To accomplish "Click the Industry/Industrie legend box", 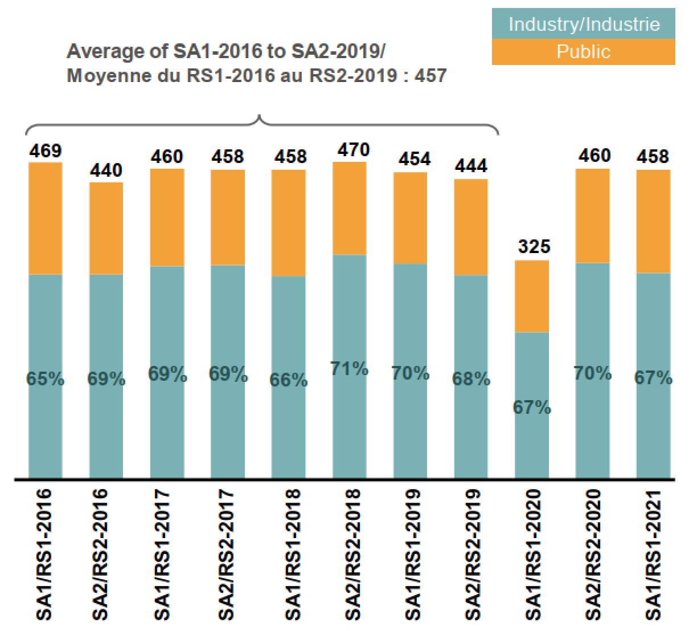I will pyautogui.click(x=583, y=25).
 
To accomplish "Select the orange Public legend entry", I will pyautogui.click(x=583, y=52).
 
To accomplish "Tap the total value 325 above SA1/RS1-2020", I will pyautogui.click(x=534, y=246).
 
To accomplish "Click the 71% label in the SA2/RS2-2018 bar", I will pyautogui.click(x=349, y=369).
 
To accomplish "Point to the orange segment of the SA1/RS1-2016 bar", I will pyautogui.click(x=46, y=218).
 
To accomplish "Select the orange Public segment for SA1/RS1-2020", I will pyautogui.click(x=532, y=296).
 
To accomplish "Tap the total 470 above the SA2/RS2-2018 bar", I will pyautogui.click(x=353, y=150).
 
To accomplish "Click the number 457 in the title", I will pyautogui.click(x=430, y=76).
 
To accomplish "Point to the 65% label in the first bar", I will pyautogui.click(x=46, y=379).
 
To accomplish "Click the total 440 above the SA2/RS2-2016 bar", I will pyautogui.click(x=106, y=170).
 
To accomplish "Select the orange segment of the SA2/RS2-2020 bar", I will pyautogui.click(x=593, y=215).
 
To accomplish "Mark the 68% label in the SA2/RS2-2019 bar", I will pyautogui.click(x=471, y=379).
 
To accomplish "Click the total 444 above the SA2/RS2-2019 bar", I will pyautogui.click(x=471, y=166).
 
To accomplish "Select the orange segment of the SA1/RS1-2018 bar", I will pyautogui.click(x=289, y=223).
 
